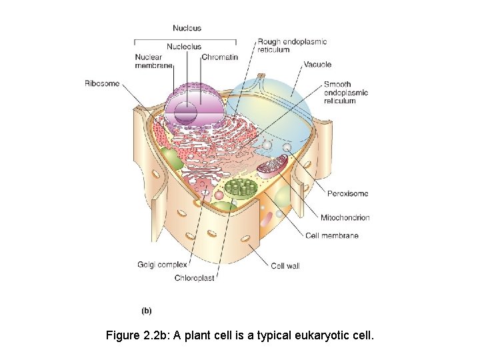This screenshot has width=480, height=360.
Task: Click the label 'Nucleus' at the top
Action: click(x=187, y=28)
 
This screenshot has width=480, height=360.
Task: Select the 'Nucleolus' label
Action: click(x=183, y=47)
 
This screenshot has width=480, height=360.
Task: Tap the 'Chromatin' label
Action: click(x=219, y=57)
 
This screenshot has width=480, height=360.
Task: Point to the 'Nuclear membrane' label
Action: click(x=153, y=61)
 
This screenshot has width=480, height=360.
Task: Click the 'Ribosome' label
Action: click(x=102, y=83)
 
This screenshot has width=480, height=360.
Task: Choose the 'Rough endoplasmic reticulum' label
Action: click(x=292, y=45)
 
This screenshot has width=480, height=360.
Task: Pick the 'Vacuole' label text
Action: click(x=317, y=65)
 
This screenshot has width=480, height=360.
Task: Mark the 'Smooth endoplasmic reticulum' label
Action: click(x=346, y=93)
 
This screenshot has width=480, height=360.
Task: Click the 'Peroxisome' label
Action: click(x=347, y=194)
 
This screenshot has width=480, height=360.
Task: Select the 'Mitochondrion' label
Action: click(x=345, y=217)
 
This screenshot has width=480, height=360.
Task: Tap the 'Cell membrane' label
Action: click(x=332, y=235)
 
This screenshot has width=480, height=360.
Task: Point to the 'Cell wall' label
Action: click(x=285, y=266)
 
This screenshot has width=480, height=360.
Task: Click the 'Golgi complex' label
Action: click(x=163, y=265)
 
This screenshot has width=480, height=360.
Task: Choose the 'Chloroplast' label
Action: click(x=194, y=278)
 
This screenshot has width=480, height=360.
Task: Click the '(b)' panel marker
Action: click(x=147, y=310)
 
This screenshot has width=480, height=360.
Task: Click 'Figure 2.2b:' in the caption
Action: click(x=138, y=335)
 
